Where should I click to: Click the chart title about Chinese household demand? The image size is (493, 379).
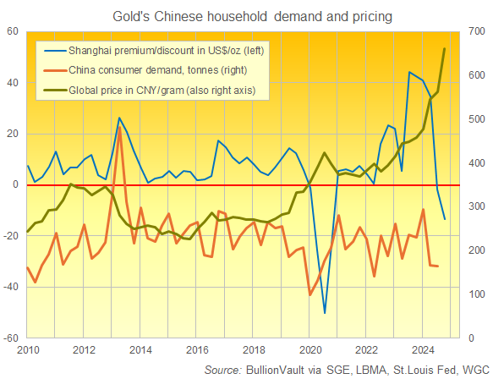point(246,16)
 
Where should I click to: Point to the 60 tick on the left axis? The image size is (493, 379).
point(14,31)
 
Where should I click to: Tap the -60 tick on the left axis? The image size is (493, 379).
point(13,338)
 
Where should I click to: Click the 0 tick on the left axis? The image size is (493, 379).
point(17,184)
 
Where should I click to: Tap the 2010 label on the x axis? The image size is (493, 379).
point(28,349)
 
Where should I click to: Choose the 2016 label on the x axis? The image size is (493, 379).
point(196,349)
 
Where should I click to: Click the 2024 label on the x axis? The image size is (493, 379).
point(421,349)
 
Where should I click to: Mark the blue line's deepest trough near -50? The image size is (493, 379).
point(325,313)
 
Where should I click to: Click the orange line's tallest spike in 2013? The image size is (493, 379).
point(119,129)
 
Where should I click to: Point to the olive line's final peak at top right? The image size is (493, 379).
point(445,49)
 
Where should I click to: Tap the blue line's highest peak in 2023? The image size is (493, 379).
point(409,73)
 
